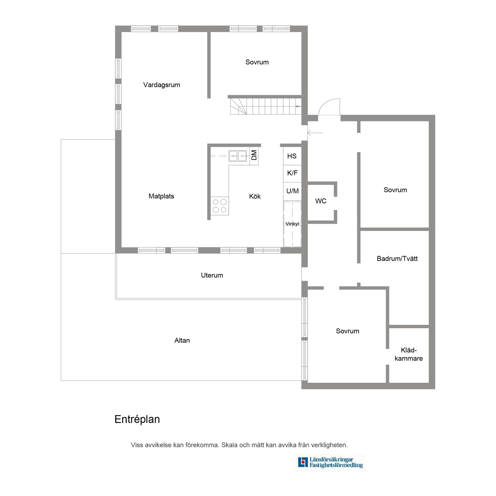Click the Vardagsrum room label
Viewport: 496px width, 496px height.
[161, 85]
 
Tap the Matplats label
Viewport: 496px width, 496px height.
[161, 196]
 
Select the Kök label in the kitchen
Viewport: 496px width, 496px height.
[255, 196]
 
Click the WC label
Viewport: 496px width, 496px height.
[321, 201]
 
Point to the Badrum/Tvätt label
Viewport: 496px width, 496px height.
[397, 259]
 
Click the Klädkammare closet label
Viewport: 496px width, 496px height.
[409, 354]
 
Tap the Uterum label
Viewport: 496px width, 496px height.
[212, 275]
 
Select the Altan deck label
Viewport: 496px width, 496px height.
[182, 340]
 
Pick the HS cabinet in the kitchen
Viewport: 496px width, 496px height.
[292, 156]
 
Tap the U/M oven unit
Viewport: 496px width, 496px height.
[292, 191]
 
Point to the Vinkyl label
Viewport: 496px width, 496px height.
[292, 224]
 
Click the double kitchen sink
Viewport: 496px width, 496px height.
[238, 156]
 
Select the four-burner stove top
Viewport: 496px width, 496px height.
[220, 206]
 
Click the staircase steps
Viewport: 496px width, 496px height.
[266, 106]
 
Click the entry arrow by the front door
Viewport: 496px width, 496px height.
[315, 133]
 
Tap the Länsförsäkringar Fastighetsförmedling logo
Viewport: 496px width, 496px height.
[330, 463]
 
